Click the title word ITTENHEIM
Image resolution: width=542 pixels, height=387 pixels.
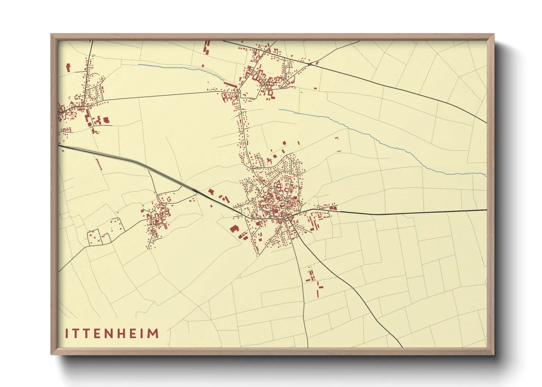click(x=112, y=334)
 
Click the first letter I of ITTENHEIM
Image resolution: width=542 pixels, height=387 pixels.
click(x=67, y=334)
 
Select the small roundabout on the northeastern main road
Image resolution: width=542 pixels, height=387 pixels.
click(x=310, y=64)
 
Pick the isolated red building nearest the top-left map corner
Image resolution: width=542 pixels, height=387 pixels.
click(x=68, y=68)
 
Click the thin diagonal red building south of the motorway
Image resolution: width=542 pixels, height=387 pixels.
click(x=98, y=164)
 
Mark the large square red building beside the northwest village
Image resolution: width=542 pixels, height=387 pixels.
click(x=107, y=120)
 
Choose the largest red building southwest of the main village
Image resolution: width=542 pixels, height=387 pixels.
click(x=234, y=229)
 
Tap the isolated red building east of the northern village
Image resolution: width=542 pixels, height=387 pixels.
click(x=315, y=88)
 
